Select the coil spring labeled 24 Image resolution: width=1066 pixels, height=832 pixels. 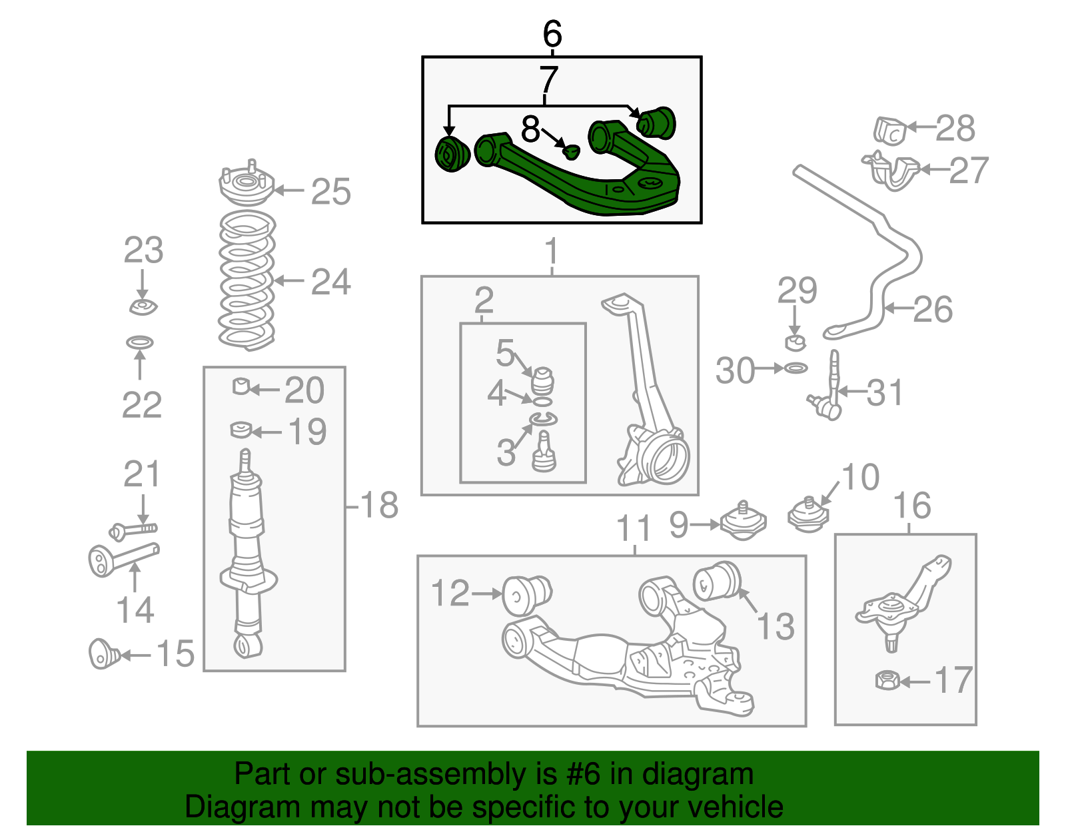(x=247, y=280)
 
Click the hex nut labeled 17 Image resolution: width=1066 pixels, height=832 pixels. (x=887, y=681)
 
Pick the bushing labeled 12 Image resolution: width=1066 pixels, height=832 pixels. (x=524, y=595)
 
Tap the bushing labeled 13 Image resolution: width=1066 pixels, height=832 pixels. (x=717, y=581)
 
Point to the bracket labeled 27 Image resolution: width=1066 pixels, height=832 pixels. (x=893, y=171)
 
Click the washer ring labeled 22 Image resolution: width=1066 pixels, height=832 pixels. (x=140, y=342)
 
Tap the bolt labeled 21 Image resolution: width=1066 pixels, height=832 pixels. (x=133, y=530)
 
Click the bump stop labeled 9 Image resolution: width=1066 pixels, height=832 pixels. (x=744, y=522)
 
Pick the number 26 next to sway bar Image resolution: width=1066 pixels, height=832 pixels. (x=933, y=310)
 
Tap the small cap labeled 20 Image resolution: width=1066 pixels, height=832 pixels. (x=241, y=386)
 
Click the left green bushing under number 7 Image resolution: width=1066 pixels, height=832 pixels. (x=452, y=154)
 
